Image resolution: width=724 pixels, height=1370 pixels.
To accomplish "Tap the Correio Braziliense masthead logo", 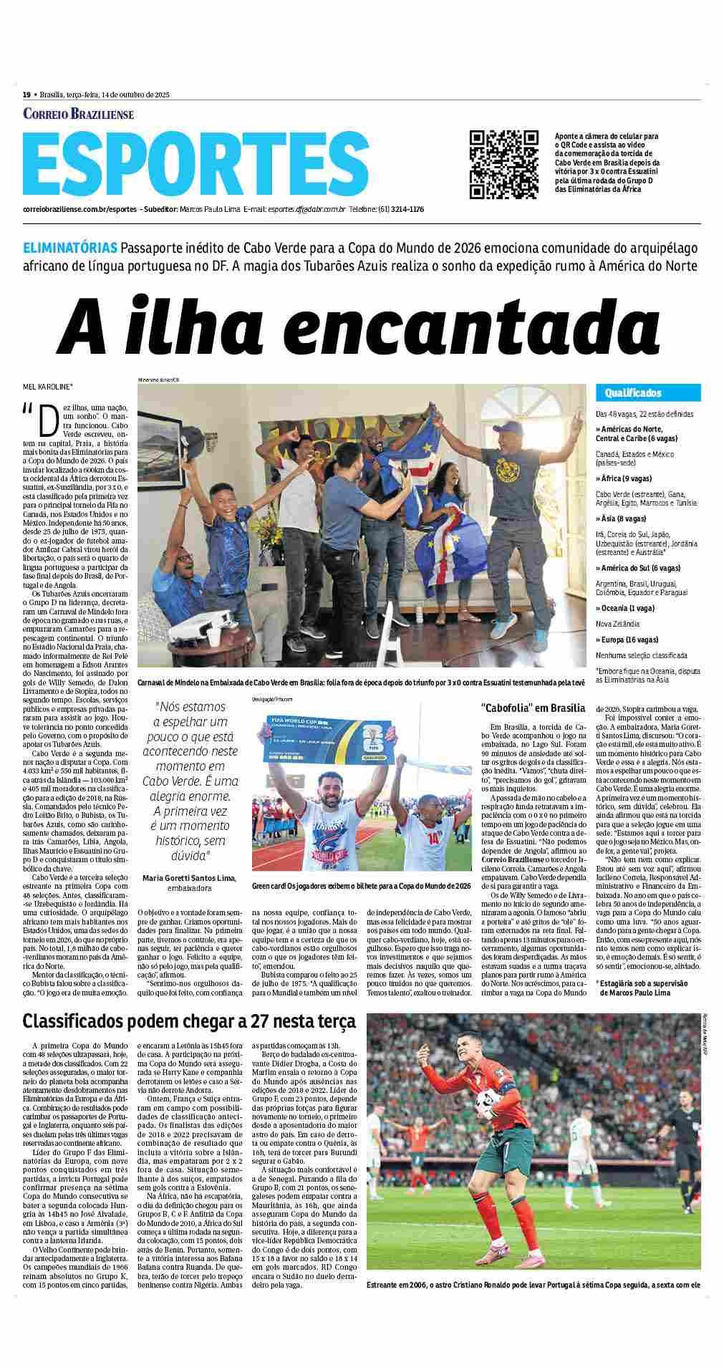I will click(78, 114).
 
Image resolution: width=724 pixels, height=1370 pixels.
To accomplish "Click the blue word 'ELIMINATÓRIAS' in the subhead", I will click(70, 249).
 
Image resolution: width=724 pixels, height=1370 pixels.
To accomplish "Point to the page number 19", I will click(26, 95).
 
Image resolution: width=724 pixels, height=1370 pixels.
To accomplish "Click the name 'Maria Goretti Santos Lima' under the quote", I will click(189, 878).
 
